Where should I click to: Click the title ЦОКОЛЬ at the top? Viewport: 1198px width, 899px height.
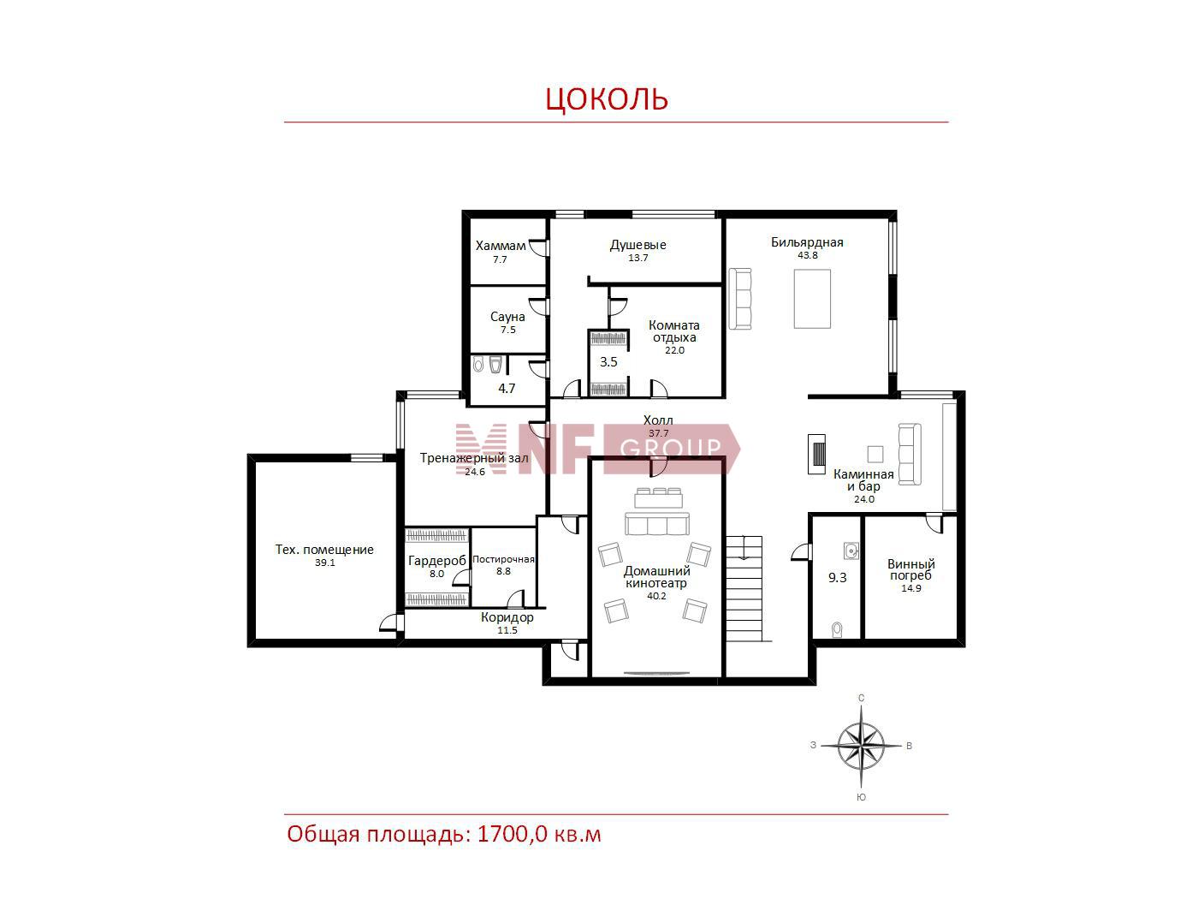tap(607, 98)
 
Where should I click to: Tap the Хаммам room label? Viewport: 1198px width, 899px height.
tap(500, 246)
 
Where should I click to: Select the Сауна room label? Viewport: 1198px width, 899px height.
tap(507, 317)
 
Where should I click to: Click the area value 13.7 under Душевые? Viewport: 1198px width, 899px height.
tap(638, 258)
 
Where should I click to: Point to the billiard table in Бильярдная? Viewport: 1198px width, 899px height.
tap(811, 299)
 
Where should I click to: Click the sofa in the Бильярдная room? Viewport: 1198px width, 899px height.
tap(740, 299)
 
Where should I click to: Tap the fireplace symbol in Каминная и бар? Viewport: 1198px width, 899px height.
tap(816, 454)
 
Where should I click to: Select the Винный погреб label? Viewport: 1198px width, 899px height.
tap(911, 569)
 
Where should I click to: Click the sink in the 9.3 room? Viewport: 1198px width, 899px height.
tap(851, 551)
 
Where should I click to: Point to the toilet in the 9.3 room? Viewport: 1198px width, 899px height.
tap(837, 630)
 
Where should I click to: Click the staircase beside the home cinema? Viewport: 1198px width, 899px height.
tap(744, 588)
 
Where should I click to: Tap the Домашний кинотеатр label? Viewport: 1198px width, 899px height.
tap(656, 577)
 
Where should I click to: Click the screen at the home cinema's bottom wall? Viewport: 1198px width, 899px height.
tap(656, 673)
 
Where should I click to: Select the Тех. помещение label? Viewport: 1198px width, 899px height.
tap(324, 550)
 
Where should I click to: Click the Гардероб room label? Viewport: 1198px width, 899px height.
tap(437, 561)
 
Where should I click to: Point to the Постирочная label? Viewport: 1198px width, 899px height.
tap(503, 559)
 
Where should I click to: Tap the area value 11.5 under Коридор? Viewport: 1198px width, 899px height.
tap(507, 630)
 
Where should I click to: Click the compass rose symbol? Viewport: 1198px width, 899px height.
tap(861, 746)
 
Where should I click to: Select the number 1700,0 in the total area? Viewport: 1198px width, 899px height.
tap(512, 835)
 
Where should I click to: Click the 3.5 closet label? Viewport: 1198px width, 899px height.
tap(608, 361)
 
